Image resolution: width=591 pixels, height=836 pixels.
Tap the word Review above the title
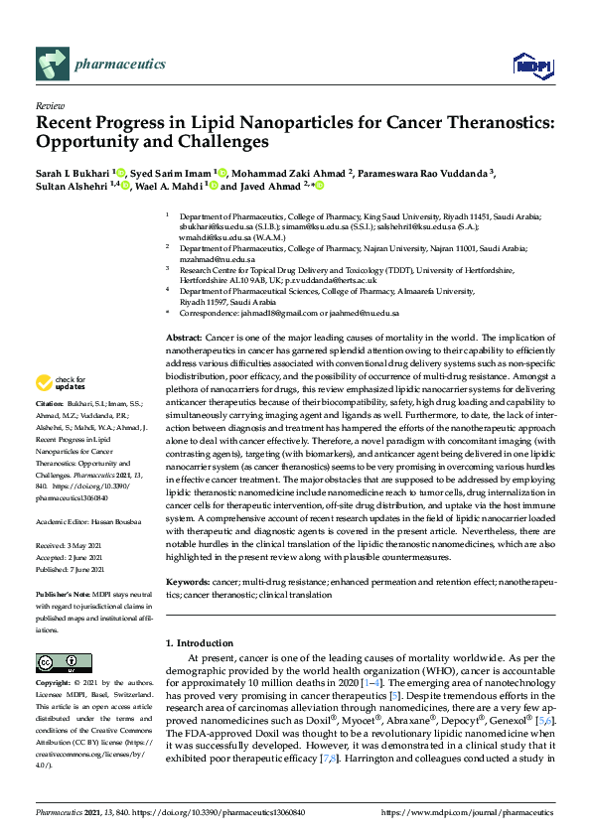pyautogui.click(x=49, y=104)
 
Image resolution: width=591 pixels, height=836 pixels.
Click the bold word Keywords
pyautogui.click(x=188, y=581)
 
